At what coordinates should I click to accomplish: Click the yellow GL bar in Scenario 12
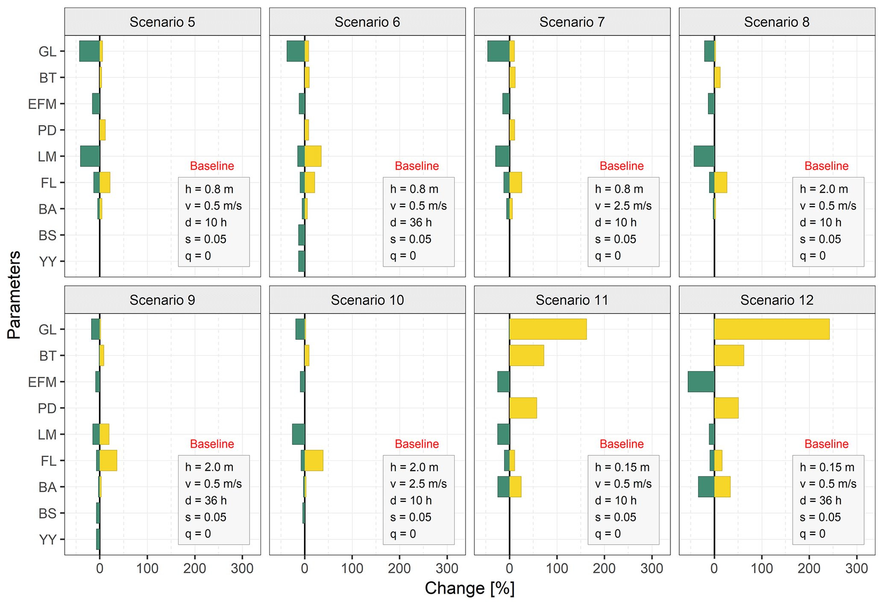772,329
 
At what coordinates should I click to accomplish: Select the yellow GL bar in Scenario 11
548,329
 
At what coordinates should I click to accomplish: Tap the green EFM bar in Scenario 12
701,382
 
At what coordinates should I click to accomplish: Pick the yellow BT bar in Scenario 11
526,355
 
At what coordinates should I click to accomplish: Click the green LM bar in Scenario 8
704,156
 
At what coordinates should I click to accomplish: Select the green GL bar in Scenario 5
89,51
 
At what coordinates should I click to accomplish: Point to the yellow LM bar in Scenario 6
313,156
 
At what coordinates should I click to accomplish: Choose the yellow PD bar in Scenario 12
726,408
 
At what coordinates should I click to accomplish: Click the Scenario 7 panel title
572,22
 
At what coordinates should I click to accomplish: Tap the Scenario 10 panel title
367,300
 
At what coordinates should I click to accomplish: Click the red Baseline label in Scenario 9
212,444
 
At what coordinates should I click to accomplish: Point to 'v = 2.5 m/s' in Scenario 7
623,206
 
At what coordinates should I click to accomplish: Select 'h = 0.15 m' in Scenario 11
622,467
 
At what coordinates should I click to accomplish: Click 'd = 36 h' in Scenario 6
411,222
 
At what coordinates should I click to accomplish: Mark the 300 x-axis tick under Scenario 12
857,568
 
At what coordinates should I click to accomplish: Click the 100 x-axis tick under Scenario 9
147,568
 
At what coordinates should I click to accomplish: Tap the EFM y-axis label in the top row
42,104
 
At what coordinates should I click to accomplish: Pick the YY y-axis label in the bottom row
48,540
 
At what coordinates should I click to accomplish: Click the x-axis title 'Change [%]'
469,588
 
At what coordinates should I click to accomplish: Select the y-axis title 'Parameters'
14,295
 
